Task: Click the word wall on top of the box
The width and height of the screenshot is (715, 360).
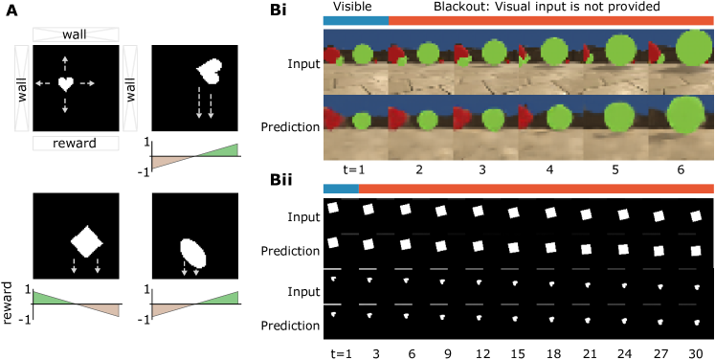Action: pos(75,34)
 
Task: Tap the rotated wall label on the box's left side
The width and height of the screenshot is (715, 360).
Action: pos(22,89)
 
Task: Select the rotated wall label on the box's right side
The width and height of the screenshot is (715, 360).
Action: pos(130,89)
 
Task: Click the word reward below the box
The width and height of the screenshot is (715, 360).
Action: pos(75,144)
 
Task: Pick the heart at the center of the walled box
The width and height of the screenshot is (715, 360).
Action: pos(65,84)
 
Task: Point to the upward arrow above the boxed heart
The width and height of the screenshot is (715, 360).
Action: pos(65,63)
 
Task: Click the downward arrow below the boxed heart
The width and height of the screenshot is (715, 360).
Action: pos(65,106)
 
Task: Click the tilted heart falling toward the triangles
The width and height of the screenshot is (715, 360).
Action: pos(208,70)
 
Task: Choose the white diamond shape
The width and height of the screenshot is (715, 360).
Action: pos(86,240)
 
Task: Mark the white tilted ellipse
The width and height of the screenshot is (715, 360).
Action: pos(193,253)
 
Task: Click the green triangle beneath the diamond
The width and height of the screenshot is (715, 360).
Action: pos(52,299)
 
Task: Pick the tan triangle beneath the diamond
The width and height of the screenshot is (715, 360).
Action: pos(101,308)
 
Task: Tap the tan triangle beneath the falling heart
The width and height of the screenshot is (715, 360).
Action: pos(170,161)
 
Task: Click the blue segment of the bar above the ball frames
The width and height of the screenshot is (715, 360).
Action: pos(355,20)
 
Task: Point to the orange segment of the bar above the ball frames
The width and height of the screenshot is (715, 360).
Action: pos(550,20)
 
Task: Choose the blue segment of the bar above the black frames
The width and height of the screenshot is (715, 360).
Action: pos(341,189)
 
